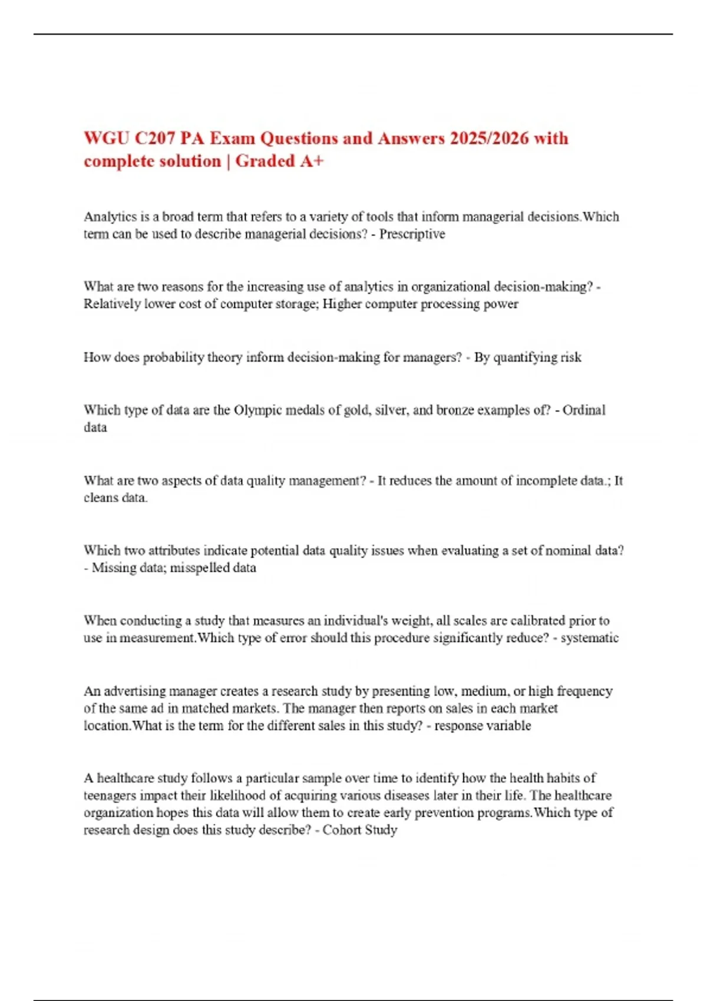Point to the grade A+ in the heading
point(312,161)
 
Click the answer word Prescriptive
point(412,234)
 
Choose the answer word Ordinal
point(584,410)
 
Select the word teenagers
point(110,796)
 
